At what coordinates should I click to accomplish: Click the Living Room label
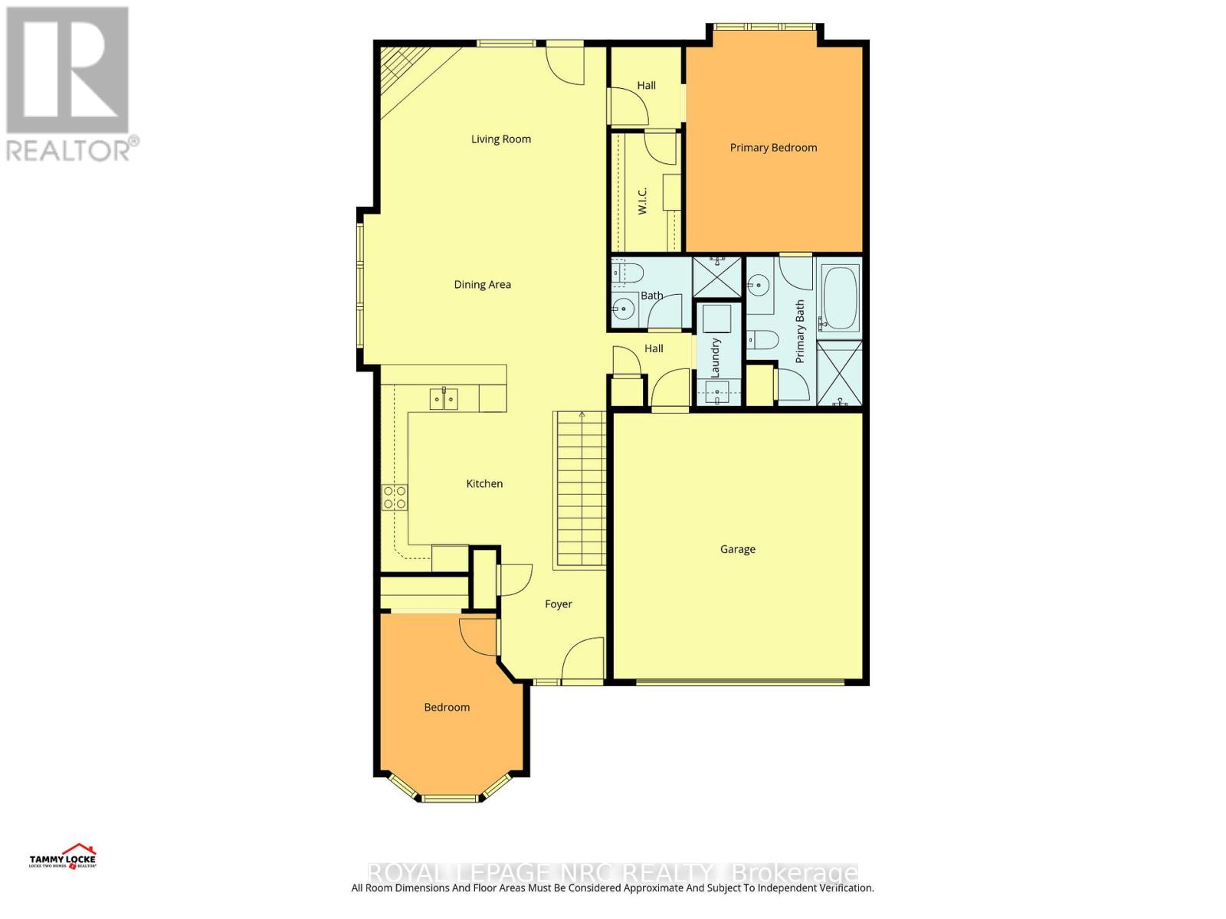point(500,139)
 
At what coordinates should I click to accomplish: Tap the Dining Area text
point(482,284)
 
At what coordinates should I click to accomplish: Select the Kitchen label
point(484,483)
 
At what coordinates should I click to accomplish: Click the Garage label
point(737,549)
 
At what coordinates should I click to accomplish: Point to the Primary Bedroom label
point(773,147)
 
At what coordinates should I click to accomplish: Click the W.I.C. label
point(642,201)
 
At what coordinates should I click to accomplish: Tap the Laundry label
point(716,357)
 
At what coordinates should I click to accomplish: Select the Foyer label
point(558,604)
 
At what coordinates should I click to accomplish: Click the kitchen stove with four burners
point(395,498)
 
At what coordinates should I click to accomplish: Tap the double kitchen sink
point(444,398)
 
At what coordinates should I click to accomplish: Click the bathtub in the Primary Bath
point(840,297)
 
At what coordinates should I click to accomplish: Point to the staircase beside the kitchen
point(580,490)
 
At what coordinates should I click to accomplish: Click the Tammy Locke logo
point(63,856)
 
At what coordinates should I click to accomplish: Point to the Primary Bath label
point(800,332)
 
